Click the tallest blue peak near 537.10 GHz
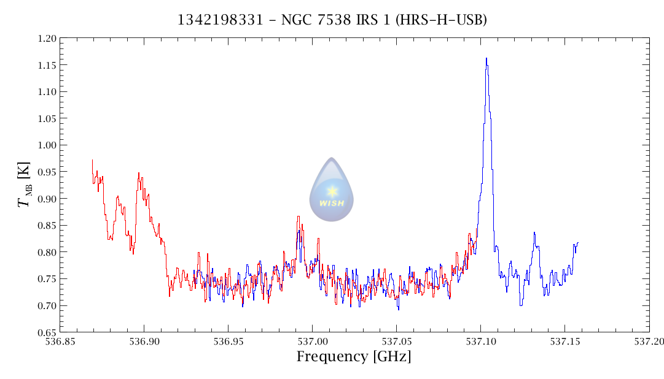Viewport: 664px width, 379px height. [x=486, y=59]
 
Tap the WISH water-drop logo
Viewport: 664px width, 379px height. [x=332, y=189]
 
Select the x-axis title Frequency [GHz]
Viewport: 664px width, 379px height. [x=354, y=356]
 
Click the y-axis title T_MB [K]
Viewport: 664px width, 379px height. [x=25, y=185]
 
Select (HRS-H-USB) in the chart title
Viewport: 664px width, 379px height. [x=442, y=20]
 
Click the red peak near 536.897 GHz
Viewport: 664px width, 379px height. [x=139, y=174]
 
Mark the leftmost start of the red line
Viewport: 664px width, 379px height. [x=92, y=160]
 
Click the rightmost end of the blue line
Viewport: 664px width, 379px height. [x=578, y=243]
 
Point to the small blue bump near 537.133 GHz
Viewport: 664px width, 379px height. [x=534, y=233]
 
